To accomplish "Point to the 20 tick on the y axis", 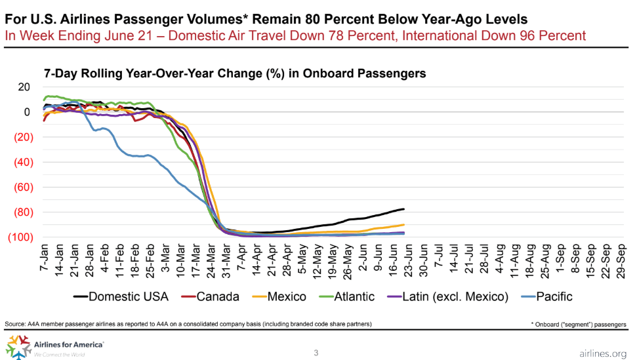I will pos(24,87).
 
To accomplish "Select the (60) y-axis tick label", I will pos(20,187).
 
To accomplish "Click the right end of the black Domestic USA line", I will pos(404,209).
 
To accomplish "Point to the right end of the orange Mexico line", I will pos(404,225).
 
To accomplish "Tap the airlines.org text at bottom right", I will pos(604,354).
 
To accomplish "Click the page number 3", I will pos(316,353).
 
